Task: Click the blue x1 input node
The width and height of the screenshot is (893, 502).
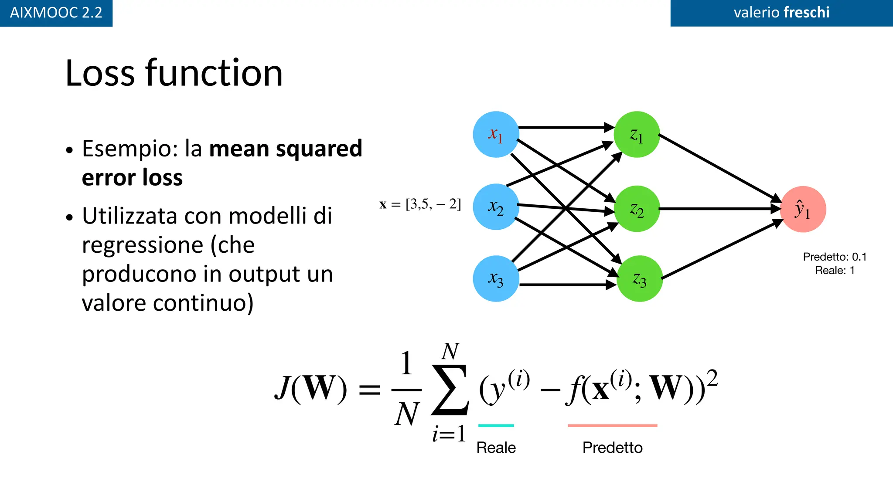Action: tap(496, 134)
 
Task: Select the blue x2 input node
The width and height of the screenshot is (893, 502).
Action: tap(496, 207)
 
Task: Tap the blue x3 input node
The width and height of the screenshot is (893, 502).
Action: tap(496, 278)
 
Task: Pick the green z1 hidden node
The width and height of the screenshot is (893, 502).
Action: tap(637, 134)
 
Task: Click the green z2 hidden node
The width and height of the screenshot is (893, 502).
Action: tap(637, 209)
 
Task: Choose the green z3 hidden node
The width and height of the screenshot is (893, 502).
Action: tap(640, 278)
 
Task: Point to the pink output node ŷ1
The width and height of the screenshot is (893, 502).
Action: tap(803, 209)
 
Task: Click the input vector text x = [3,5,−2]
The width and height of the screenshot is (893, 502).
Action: tap(420, 204)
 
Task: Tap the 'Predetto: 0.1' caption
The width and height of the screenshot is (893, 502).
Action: tap(835, 257)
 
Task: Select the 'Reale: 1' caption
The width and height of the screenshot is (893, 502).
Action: tap(835, 270)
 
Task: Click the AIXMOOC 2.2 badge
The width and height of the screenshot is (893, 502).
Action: tap(56, 13)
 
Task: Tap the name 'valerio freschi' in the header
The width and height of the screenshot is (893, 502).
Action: tap(781, 13)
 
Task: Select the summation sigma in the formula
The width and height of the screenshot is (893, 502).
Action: tap(450, 390)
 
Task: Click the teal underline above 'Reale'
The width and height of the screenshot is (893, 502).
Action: tap(496, 425)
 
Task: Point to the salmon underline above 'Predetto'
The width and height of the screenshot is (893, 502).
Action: tap(612, 425)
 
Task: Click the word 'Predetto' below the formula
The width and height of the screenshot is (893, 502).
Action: tap(612, 448)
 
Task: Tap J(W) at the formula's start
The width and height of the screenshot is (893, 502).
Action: tap(310, 387)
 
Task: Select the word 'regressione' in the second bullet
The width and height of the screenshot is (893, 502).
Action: tap(142, 245)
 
